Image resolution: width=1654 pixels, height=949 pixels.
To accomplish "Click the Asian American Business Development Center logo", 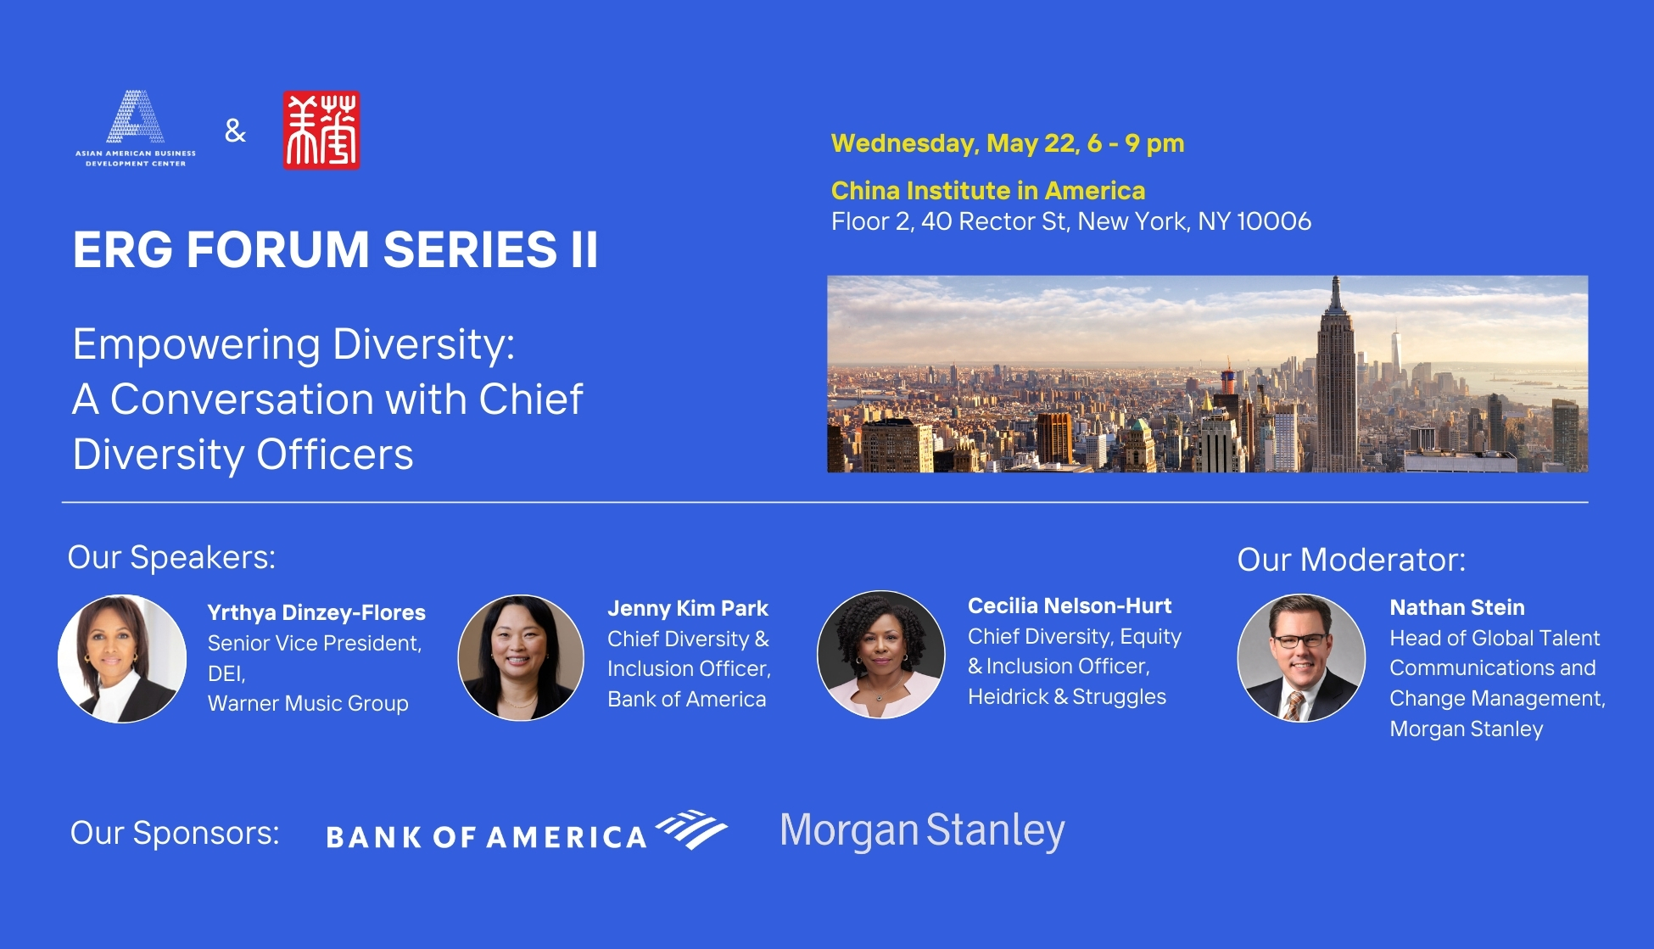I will tap(136, 128).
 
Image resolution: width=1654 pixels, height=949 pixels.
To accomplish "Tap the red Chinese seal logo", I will tap(321, 131).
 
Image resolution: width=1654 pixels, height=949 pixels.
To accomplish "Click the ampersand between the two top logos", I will tap(235, 131).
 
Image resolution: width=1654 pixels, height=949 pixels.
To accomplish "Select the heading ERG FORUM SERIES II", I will tap(335, 250).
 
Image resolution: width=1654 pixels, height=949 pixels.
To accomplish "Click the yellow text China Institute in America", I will tap(987, 191).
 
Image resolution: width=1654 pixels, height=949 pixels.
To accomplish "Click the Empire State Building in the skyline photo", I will tap(1335, 382).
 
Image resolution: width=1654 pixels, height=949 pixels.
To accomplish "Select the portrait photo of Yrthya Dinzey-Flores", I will tap(122, 658).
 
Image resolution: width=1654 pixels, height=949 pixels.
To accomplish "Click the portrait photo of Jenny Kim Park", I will tap(521, 657).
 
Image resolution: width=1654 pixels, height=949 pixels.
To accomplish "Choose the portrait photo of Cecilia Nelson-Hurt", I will tap(880, 654).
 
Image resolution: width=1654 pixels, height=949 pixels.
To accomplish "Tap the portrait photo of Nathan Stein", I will tap(1300, 657).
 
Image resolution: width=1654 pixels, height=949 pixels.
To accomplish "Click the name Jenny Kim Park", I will tap(687, 609).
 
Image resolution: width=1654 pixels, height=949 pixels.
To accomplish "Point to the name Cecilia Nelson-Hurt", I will tap(1069, 606).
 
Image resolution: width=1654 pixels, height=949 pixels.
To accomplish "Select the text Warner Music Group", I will tap(308, 704).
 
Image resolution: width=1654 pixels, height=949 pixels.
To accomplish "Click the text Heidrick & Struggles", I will tap(1066, 697).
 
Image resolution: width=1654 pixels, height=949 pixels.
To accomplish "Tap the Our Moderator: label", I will tap(1350, 560).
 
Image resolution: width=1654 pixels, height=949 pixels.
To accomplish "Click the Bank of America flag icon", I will tap(692, 829).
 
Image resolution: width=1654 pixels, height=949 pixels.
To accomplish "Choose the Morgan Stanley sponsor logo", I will tap(922, 831).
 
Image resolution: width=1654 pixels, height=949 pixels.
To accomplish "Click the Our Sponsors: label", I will tap(175, 833).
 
